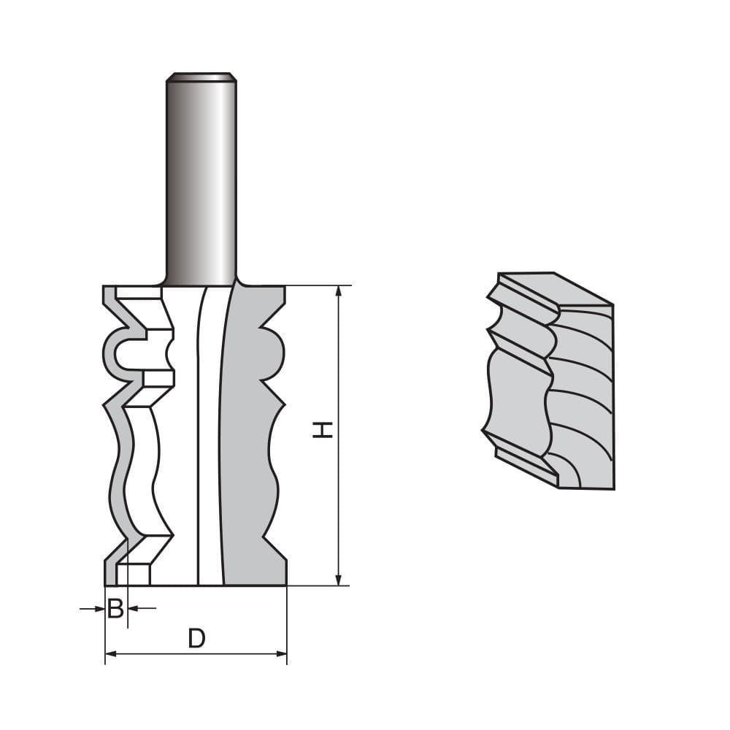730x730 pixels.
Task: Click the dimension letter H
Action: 323,429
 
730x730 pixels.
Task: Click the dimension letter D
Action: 196,639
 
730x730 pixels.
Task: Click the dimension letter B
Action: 115,608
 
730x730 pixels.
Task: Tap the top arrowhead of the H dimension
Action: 338,291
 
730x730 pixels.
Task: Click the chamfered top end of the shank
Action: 200,76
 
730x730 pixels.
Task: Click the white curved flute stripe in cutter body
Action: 209,438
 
